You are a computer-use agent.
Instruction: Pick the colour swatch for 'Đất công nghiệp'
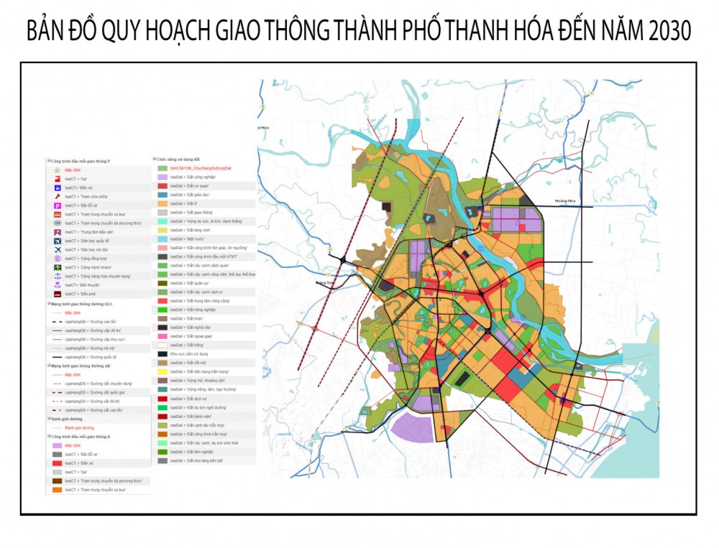162,176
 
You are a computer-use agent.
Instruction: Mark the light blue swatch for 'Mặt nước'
162,238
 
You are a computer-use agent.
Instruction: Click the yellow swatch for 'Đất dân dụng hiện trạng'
162,371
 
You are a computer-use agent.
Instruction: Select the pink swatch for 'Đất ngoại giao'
162,336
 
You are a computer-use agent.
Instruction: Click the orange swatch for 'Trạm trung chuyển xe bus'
57,490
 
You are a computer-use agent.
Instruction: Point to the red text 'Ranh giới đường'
79,427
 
